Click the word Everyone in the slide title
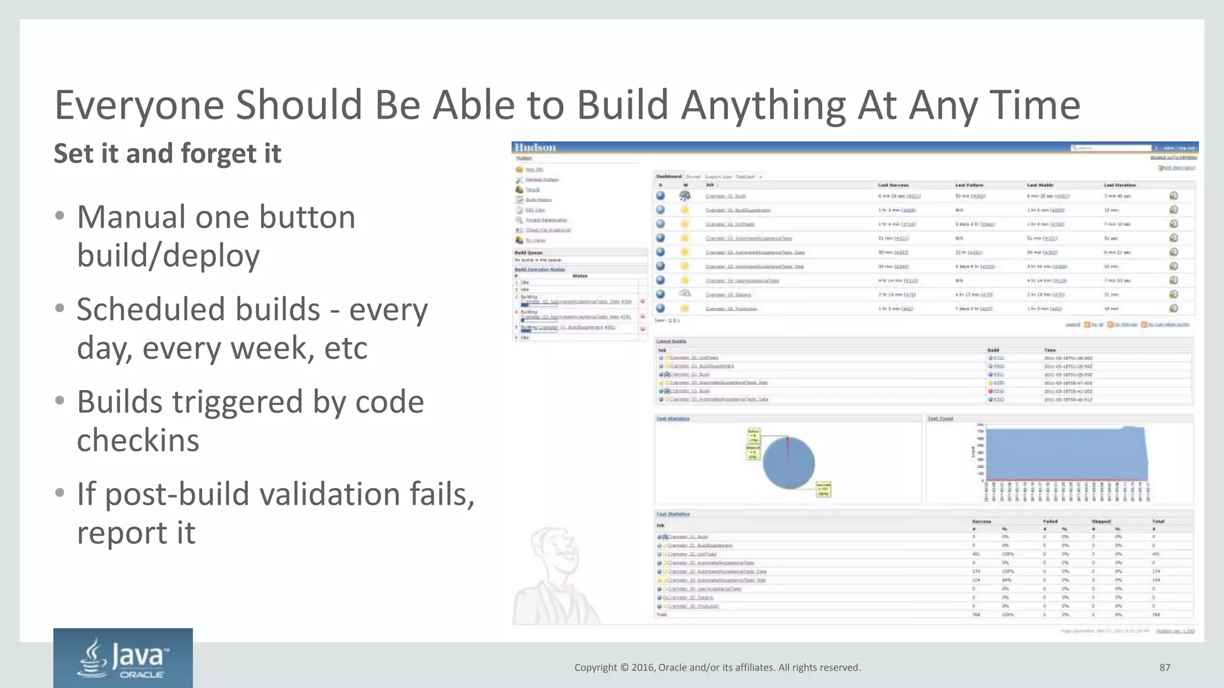(x=139, y=106)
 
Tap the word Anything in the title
(x=762, y=106)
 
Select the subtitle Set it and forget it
(x=167, y=153)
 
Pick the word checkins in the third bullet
(x=138, y=441)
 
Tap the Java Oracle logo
(x=123, y=658)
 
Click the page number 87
(x=1164, y=668)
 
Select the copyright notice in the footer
(x=717, y=668)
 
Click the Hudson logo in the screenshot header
(x=535, y=148)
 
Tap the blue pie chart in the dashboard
(x=788, y=463)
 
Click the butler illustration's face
(x=552, y=546)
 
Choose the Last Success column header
(x=893, y=185)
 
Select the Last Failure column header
(x=969, y=185)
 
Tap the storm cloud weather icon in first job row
(x=685, y=196)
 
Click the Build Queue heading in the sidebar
(x=528, y=253)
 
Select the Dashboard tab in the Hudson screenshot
(x=669, y=177)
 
